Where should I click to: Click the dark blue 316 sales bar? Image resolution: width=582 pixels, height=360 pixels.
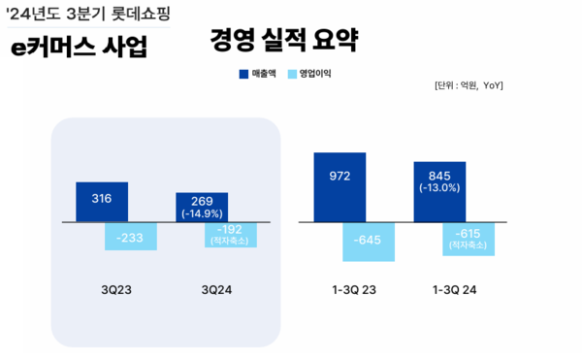tap(102, 201)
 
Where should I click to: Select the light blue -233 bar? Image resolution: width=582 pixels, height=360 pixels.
tap(131, 236)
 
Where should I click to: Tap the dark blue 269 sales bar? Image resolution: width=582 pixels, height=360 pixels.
tap(202, 207)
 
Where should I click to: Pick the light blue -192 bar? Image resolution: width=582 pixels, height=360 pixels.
tap(231, 234)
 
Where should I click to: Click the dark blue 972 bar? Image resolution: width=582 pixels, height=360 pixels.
tap(339, 187)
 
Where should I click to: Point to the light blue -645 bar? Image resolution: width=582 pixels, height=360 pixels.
tap(369, 241)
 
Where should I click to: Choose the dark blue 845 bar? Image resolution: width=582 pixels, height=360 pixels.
tap(439, 191)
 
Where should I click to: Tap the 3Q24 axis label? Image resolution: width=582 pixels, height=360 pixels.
tap(216, 289)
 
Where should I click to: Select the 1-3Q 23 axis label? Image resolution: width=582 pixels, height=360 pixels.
tap(354, 289)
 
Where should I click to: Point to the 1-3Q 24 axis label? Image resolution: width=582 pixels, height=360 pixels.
tap(454, 289)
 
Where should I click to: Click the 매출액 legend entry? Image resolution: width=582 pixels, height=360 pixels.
tap(258, 73)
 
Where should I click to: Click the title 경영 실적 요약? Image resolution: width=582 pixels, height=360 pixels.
tap(283, 41)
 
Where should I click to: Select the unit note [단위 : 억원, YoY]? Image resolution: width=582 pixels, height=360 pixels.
tap(469, 86)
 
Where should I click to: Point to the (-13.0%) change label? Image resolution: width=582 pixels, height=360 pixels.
tap(439, 188)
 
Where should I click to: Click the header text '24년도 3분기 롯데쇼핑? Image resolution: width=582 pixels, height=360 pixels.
tap(86, 14)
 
